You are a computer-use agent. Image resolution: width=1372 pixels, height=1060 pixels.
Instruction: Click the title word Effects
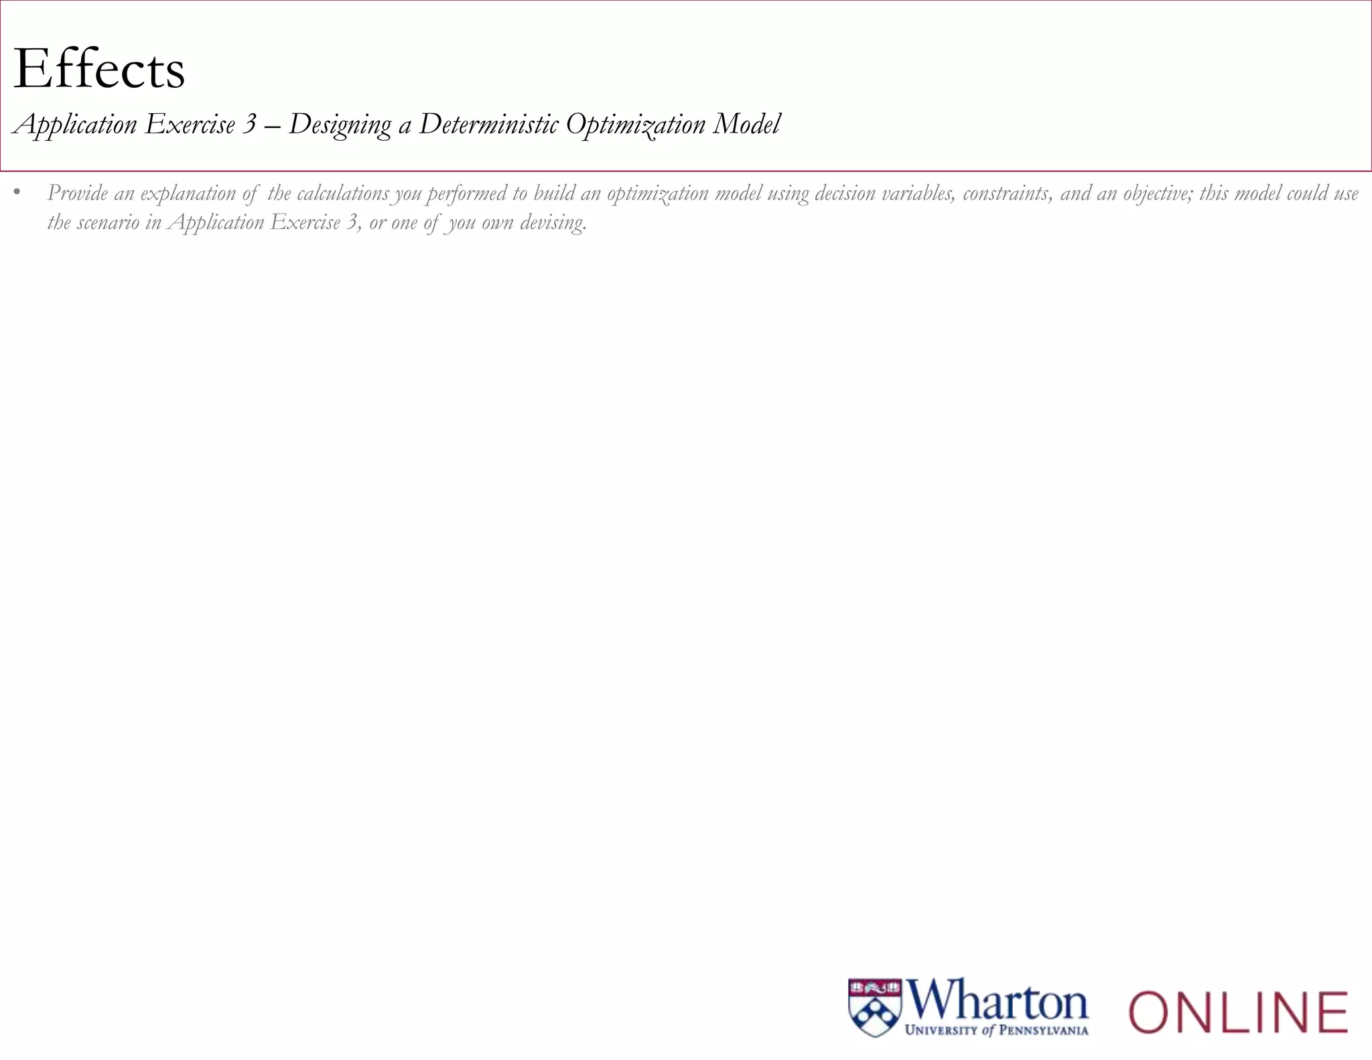click(99, 69)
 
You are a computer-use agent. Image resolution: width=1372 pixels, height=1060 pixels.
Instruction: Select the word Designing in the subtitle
click(340, 125)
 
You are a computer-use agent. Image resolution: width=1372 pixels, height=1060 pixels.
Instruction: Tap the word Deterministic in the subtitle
click(488, 125)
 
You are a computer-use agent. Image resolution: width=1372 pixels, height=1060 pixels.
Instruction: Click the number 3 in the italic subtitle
click(249, 125)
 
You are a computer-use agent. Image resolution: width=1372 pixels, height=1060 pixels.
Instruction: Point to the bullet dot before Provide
click(17, 194)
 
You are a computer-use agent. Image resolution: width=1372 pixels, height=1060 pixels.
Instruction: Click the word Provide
click(77, 194)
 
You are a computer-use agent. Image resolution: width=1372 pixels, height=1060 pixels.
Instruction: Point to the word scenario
click(108, 223)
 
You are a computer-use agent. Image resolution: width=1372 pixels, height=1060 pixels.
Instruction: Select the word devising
click(553, 223)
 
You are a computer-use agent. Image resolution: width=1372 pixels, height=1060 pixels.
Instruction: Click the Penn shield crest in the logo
click(875, 1008)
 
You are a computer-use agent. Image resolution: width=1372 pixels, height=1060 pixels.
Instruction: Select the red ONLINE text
click(1238, 1012)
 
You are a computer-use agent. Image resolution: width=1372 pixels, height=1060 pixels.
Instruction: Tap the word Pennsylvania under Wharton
click(1043, 1031)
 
